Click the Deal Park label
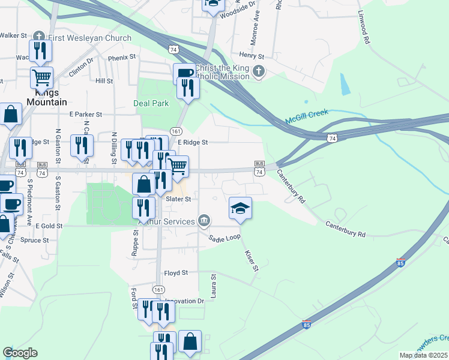pyautogui.click(x=151, y=103)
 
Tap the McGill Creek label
pyautogui.click(x=304, y=119)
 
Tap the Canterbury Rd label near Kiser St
pyautogui.click(x=346, y=229)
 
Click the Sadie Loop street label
pyautogui.click(x=224, y=238)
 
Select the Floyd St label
pyautogui.click(x=176, y=272)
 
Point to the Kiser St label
pyautogui.click(x=252, y=261)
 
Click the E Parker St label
pyautogui.click(x=86, y=114)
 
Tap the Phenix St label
pyautogui.click(x=122, y=58)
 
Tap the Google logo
pyautogui.click(x=20, y=353)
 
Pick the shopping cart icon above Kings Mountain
pyautogui.click(x=42, y=77)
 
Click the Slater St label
pyautogui.click(x=178, y=199)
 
